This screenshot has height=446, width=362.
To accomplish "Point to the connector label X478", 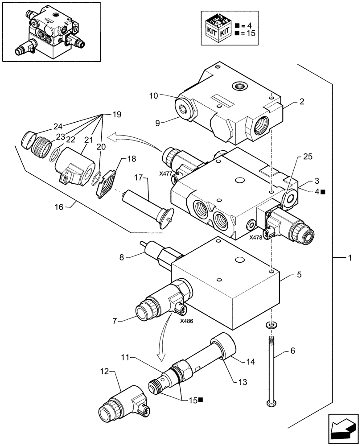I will pos(256,238).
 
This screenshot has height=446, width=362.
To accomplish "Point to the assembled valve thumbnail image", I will pos(49,31).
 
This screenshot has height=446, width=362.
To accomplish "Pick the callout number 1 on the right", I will pos(350,258).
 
